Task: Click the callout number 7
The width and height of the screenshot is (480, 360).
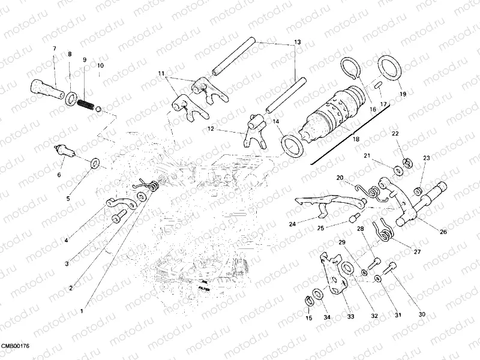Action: (54, 48)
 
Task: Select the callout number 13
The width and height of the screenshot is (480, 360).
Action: (296, 43)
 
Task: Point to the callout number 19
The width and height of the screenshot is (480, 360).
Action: (402, 94)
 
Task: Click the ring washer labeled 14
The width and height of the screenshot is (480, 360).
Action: (292, 146)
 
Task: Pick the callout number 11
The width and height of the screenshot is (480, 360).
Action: (161, 73)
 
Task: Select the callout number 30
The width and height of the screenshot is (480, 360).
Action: (422, 314)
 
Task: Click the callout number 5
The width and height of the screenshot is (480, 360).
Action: (68, 199)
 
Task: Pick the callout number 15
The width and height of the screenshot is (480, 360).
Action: (309, 317)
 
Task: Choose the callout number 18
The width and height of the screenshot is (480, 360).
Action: (356, 139)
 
